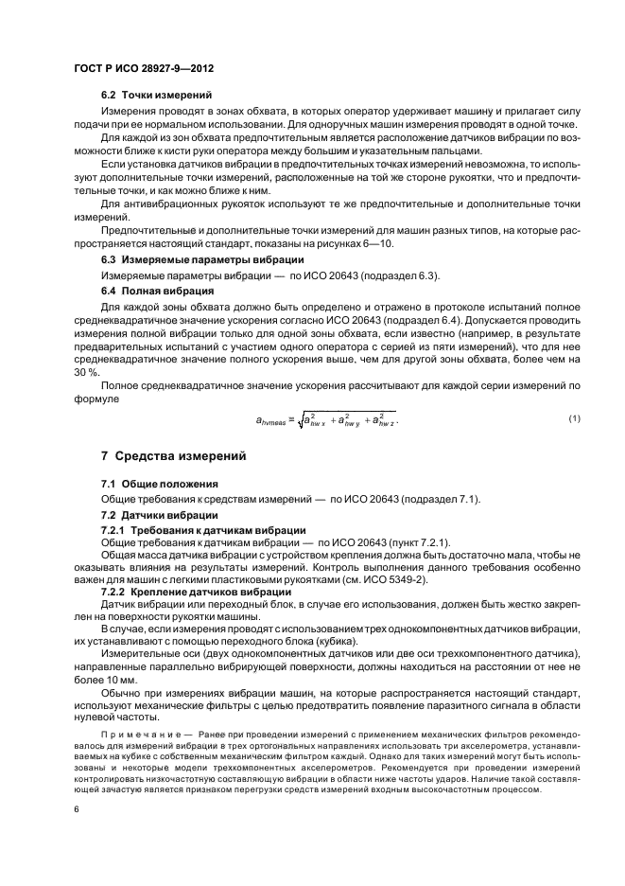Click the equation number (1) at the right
(575, 392)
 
